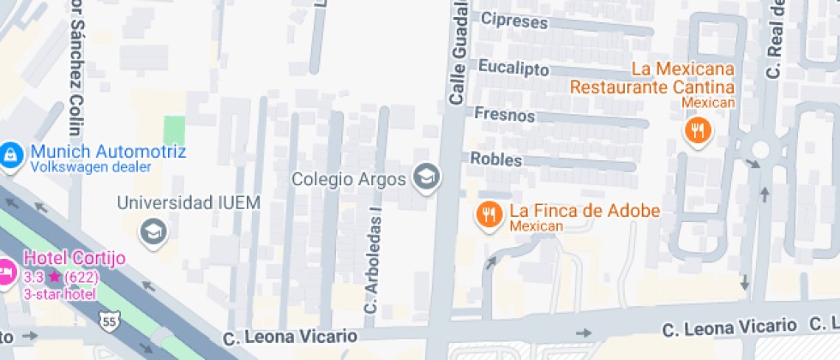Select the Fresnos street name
click(x=504, y=115)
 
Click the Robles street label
click(x=496, y=159)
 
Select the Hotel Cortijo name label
click(x=75, y=258)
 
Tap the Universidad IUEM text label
click(x=188, y=203)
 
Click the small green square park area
click(x=174, y=129)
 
